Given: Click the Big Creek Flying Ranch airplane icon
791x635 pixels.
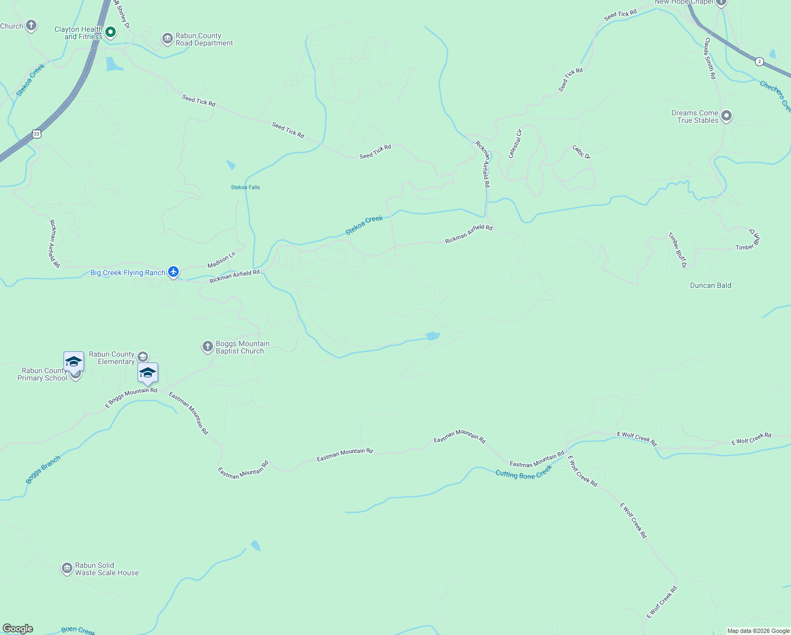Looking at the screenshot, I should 173,272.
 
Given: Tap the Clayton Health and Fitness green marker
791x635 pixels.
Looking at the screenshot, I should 111,32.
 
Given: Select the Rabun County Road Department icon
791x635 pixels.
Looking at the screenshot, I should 168,39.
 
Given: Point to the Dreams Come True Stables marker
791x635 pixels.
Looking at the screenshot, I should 726,116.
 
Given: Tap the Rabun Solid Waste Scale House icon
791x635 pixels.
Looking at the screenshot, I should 67,568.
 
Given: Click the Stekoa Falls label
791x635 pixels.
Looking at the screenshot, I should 245,187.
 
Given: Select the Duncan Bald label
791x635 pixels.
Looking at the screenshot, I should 711,285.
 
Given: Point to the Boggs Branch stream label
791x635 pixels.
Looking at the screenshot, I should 43,469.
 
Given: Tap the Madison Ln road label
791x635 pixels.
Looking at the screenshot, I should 221,260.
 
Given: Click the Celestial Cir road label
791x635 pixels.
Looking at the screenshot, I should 515,143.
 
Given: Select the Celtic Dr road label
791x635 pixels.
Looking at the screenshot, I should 581,152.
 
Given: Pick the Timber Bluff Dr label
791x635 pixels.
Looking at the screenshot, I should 677,250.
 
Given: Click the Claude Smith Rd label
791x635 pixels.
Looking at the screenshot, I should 710,58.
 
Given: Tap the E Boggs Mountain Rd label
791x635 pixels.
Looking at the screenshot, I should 131,398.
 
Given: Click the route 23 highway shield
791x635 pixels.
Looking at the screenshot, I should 36,134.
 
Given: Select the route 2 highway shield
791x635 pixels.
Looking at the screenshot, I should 759,61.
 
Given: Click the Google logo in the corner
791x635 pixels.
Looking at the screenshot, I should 18,629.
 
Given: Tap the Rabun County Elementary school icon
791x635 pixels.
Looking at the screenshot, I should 143,357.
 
